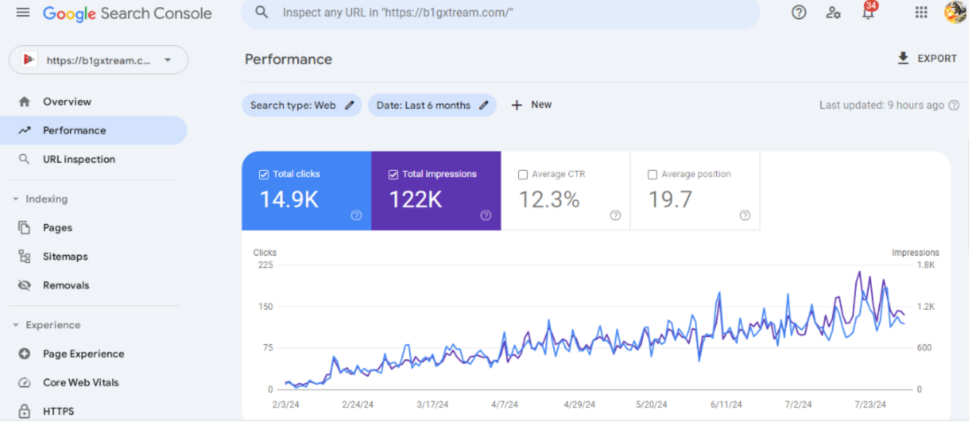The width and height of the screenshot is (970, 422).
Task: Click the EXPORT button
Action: (x=927, y=59)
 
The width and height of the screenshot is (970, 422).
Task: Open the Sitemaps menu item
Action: (x=65, y=256)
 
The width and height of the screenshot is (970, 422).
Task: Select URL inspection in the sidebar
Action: (x=78, y=159)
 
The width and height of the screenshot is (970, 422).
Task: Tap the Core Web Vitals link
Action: (x=80, y=382)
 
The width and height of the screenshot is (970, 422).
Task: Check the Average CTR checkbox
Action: (x=523, y=174)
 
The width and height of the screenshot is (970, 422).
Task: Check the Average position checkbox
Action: (x=652, y=174)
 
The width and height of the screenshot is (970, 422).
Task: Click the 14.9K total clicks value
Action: (x=289, y=200)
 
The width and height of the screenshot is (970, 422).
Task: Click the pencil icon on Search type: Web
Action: (x=349, y=105)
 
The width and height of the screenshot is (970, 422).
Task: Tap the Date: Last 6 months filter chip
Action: (x=424, y=105)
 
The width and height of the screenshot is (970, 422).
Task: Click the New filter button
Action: (x=531, y=105)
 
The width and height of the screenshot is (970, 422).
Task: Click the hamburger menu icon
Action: (x=23, y=13)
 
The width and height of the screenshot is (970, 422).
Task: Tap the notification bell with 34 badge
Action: (x=868, y=13)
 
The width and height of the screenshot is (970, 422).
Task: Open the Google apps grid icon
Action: (x=921, y=13)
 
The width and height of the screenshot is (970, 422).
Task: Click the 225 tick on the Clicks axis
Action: (x=265, y=265)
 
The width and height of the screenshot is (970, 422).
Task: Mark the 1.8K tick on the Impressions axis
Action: (x=926, y=265)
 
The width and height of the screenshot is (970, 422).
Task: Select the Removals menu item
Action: (x=66, y=285)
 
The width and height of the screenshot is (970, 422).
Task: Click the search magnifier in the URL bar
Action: (x=261, y=13)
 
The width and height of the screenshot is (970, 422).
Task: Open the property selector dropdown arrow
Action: (x=167, y=61)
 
